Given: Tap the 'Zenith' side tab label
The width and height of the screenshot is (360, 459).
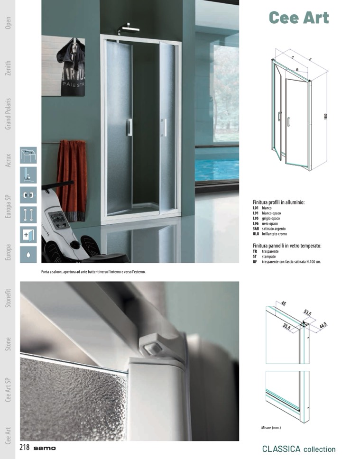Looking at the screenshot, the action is point(8,68).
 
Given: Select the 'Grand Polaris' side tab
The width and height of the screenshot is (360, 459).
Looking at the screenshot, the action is point(8,114).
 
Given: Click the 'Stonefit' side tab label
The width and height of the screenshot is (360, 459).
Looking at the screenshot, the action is point(8,298).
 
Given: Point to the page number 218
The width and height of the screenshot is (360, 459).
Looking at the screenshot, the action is point(25,447).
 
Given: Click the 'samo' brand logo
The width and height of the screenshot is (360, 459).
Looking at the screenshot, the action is point(45,448).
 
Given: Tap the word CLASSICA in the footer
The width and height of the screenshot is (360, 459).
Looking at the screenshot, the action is point(281,449).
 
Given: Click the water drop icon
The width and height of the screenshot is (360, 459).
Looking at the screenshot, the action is point(28,254).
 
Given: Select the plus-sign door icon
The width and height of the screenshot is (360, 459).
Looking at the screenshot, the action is point(28,234).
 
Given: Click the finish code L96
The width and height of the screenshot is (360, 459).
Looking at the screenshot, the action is point(256,224).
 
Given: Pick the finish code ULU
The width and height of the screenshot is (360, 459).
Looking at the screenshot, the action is point(256,234).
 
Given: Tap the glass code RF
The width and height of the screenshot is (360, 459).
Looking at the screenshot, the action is point(255,262).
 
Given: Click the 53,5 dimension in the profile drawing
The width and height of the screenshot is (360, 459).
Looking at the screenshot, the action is point(307,312).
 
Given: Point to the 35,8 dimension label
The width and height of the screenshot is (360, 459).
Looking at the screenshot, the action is point(286,326).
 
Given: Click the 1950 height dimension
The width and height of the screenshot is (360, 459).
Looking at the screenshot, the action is point(325,117).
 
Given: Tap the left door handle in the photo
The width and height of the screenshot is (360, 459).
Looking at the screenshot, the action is point(129,128).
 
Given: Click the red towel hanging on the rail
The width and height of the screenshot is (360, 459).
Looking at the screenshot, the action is point(72,181).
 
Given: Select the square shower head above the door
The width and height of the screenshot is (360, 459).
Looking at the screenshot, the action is point(129,28).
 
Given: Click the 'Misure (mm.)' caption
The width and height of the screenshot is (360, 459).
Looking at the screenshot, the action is point(271,428).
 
